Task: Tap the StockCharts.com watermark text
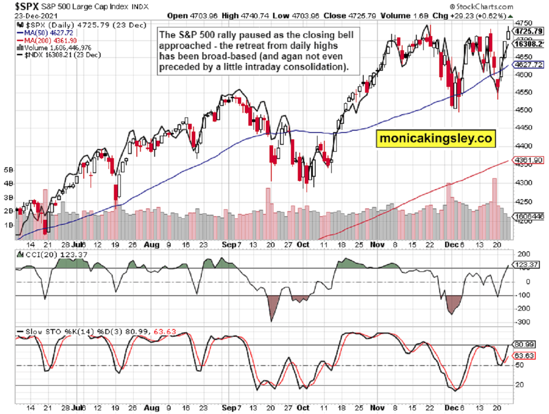point(481,6)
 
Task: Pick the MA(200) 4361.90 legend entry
point(40,40)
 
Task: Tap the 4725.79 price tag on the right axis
point(528,31)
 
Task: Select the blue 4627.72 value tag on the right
point(528,65)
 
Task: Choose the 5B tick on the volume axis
point(8,170)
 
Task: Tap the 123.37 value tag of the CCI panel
point(526,265)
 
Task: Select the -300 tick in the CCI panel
point(520,322)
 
